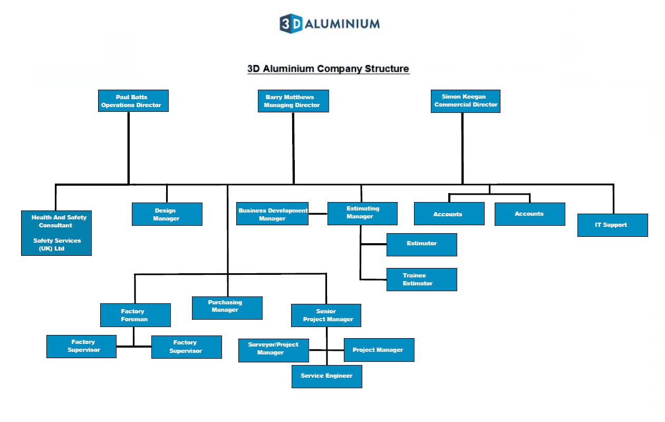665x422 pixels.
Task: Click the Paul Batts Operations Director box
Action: coord(133,101)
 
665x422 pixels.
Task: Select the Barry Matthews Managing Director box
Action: coord(293,101)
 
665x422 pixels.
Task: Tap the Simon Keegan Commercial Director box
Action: coord(466,101)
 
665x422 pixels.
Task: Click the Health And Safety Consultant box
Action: coord(56,233)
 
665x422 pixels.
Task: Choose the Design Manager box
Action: coord(167,214)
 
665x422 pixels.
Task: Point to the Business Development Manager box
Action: coord(272,214)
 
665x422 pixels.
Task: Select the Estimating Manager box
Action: coord(362,213)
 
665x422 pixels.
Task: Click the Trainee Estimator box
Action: coord(421,279)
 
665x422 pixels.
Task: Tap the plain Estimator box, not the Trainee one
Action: coord(421,244)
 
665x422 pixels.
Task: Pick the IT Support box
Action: coord(612,225)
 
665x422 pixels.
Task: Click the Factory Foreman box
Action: coord(135,315)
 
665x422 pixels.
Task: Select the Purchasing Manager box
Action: coord(227,308)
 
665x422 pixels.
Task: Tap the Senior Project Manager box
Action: coord(326,315)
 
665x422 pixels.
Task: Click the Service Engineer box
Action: coord(326,376)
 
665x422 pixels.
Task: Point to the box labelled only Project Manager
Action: coord(379,350)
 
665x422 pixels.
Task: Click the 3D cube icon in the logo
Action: coord(291,24)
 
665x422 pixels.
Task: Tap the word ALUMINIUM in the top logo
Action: coord(342,24)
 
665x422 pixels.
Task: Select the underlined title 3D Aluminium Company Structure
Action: coord(328,69)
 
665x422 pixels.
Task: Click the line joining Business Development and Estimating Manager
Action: coord(318,214)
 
